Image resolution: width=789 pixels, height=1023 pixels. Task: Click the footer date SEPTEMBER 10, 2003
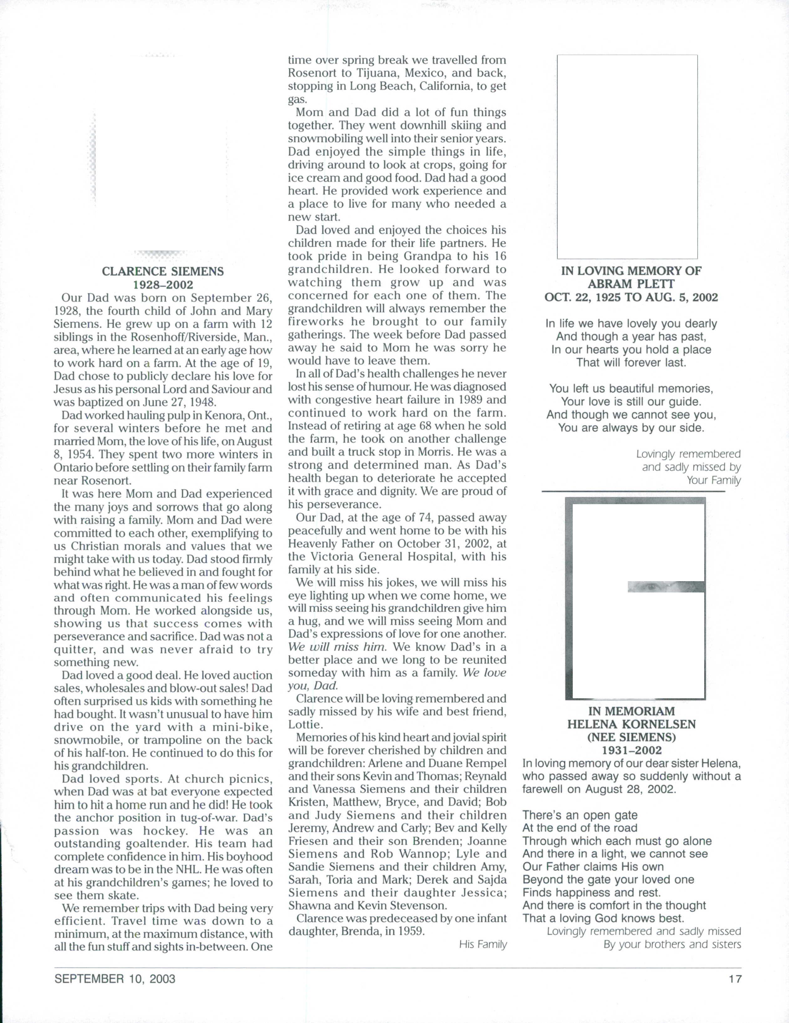click(x=115, y=979)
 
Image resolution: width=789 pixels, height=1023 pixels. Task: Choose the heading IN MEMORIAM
click(x=631, y=711)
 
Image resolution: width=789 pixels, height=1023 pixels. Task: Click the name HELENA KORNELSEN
click(x=631, y=724)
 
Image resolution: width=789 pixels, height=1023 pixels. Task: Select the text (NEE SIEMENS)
click(x=631, y=737)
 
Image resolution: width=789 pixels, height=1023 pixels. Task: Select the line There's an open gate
click(x=580, y=815)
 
